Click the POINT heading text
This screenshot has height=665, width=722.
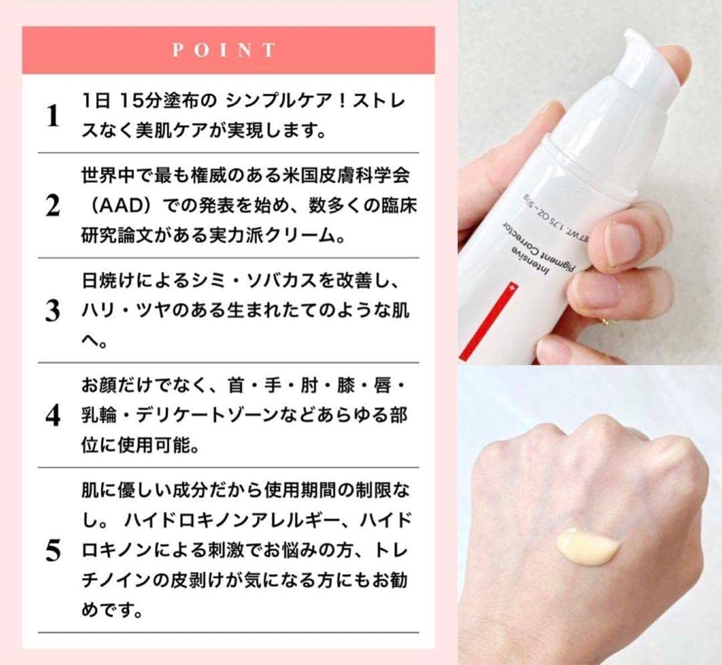(x=224, y=50)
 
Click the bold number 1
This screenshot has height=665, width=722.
(x=53, y=117)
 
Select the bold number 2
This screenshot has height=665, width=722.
(x=53, y=207)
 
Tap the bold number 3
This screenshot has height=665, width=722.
(x=53, y=311)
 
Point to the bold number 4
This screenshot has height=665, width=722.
(x=53, y=415)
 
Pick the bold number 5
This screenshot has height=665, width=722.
(x=53, y=551)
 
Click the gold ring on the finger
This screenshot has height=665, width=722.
(x=605, y=320)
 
